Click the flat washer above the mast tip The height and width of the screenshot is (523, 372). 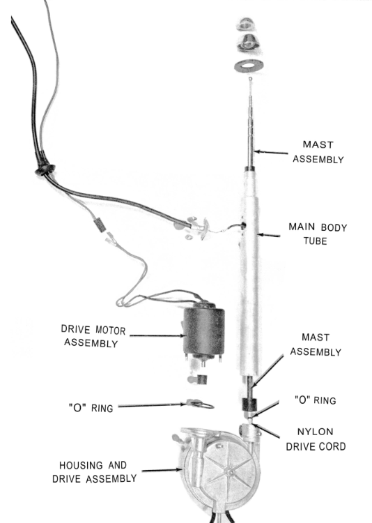249,66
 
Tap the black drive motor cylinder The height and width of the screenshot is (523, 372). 204,330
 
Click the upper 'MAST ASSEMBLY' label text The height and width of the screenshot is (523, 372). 318,152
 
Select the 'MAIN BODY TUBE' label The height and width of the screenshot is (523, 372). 318,234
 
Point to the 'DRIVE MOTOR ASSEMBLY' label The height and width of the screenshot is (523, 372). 93,336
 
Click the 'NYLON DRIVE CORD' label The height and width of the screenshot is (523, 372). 316,439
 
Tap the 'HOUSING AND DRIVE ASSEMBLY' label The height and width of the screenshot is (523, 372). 94,472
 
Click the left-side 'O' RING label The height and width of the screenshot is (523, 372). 91,407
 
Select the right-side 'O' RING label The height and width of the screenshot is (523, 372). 315,400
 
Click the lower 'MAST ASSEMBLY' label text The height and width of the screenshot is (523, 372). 316,344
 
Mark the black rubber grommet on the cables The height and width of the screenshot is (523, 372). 45,169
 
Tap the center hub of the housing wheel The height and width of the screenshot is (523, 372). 231,472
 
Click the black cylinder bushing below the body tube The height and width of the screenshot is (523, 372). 249,404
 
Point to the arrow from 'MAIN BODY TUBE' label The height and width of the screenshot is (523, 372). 269,235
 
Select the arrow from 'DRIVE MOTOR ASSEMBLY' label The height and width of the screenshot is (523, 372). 157,335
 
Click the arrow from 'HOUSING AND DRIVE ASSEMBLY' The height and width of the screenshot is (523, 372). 162,470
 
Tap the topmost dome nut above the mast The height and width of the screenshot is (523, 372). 247,23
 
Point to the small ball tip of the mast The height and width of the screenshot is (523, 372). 250,79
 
